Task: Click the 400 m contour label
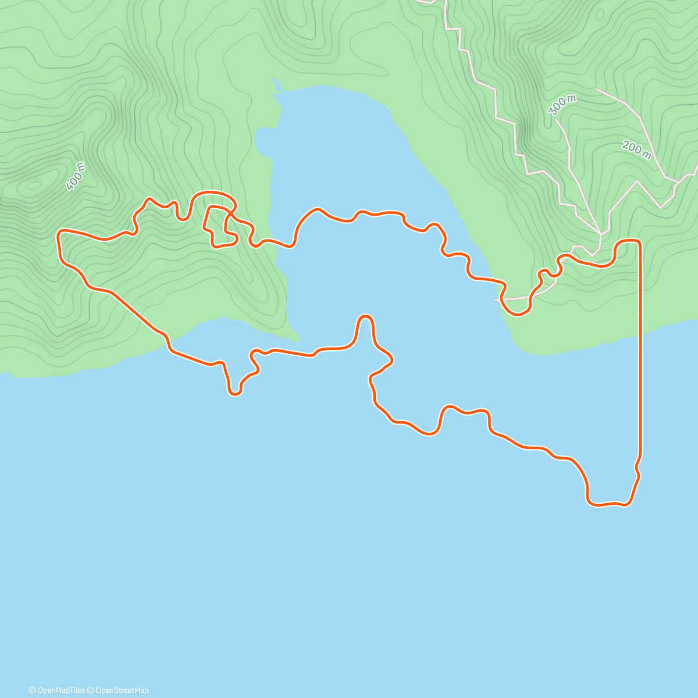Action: [x=76, y=176]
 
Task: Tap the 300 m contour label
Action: [x=562, y=104]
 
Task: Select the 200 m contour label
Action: [x=636, y=149]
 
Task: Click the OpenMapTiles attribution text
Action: [x=58, y=690]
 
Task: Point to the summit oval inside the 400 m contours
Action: [x=34, y=186]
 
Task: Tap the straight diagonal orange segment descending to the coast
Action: [x=134, y=311]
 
